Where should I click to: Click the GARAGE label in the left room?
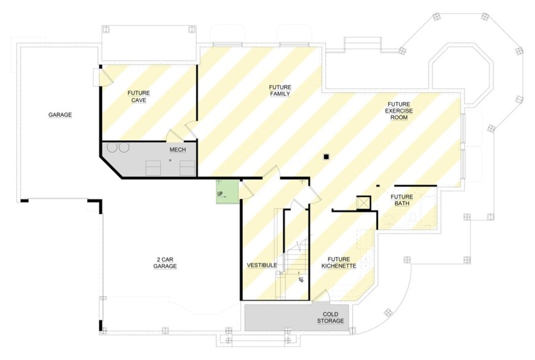pos(60,114)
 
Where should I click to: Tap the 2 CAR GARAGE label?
pos(165,263)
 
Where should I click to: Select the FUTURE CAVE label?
pos(139,97)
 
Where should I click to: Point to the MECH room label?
pos(178,150)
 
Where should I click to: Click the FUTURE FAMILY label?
pos(280,90)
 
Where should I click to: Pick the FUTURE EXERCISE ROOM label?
pos(399,111)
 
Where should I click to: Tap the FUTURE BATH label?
pos(402,200)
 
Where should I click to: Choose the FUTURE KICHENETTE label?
pos(339,263)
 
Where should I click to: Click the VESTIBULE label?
pos(262,265)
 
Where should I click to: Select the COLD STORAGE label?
pos(330,318)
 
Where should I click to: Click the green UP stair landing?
pos(228,192)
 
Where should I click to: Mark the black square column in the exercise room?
pos(326,157)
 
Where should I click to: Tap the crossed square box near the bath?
pos(363,202)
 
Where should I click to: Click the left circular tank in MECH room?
pos(113,147)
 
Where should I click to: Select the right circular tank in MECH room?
pos(124,147)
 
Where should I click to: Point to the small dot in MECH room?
pos(170,160)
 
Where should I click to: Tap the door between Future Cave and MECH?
pos(175,135)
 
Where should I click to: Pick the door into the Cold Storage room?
pos(322,295)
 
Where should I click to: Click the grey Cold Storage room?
pos(297,318)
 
